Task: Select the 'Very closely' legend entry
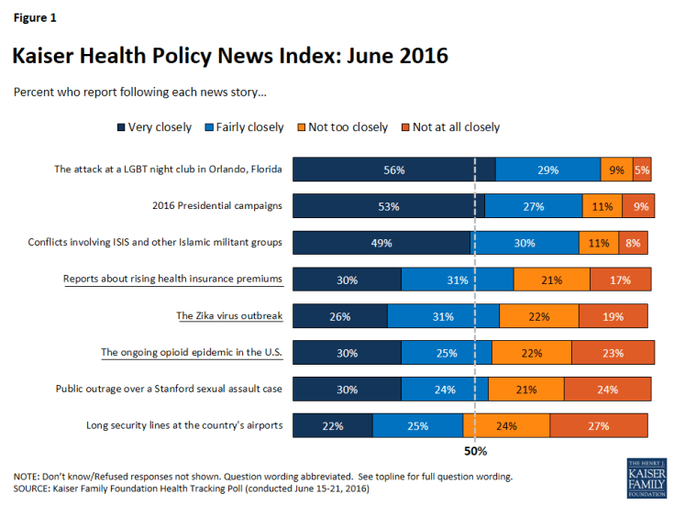[153, 126]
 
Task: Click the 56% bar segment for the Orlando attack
[394, 170]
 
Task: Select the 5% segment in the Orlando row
[642, 170]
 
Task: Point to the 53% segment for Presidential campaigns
[389, 206]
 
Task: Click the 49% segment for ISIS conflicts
[381, 243]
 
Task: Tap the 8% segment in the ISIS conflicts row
[634, 243]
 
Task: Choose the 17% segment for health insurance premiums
[621, 280]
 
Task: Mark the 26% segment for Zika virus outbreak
[339, 316]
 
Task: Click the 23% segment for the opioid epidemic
[613, 353]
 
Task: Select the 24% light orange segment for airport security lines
[506, 425]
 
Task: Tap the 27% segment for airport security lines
[599, 425]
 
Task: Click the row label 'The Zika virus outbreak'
[229, 316]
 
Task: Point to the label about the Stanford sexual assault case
[169, 389]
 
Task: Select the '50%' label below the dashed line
[475, 452]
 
